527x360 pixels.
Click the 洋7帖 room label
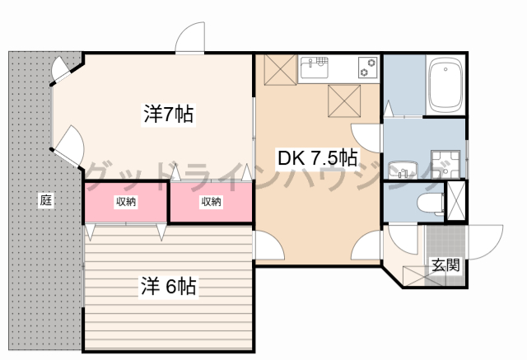168,114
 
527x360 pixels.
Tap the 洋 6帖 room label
168,286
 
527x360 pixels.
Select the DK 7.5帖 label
317,157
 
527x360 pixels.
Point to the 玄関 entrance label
445,265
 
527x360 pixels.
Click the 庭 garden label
46,200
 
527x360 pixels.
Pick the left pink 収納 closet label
126,202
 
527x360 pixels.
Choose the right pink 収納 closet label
211,202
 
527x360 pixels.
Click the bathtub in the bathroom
445,86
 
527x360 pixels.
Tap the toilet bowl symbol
431,203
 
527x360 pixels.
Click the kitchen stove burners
367,68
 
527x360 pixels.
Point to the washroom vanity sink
403,170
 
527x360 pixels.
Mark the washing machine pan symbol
445,165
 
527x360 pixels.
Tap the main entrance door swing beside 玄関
485,242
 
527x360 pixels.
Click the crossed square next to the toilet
455,200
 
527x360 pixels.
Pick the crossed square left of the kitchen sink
280,69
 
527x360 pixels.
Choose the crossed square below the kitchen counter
344,101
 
